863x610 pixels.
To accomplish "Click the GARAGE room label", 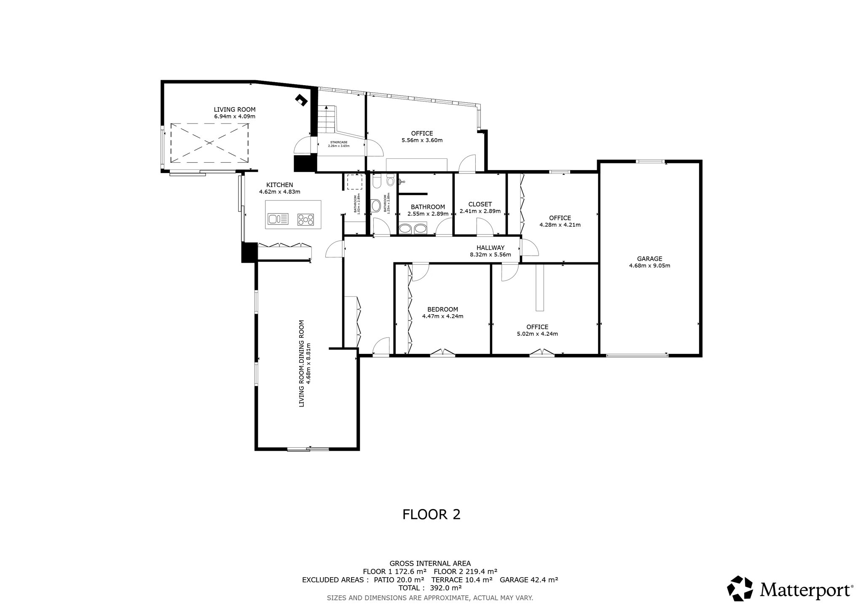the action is coord(649,259).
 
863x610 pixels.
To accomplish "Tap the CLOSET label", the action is coord(480,204).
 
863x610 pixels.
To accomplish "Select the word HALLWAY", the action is coord(490,248).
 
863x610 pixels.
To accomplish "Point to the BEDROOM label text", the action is coord(442,309).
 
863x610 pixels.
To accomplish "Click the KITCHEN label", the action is coord(279,185).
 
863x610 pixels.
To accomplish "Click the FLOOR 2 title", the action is coord(431,514).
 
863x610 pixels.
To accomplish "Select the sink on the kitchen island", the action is coord(278,219).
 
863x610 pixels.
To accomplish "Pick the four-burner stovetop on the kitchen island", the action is coord(306,219).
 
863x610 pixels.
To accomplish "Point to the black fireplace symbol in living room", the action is coord(301,100).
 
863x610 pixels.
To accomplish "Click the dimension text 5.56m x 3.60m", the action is coord(422,140).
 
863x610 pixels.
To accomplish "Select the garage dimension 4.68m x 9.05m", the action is coord(649,265).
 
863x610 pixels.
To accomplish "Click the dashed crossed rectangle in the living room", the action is coord(209,143).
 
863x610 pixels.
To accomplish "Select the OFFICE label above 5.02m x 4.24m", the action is coord(537,327).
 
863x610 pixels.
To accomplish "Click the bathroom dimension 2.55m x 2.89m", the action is coord(428,214).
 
